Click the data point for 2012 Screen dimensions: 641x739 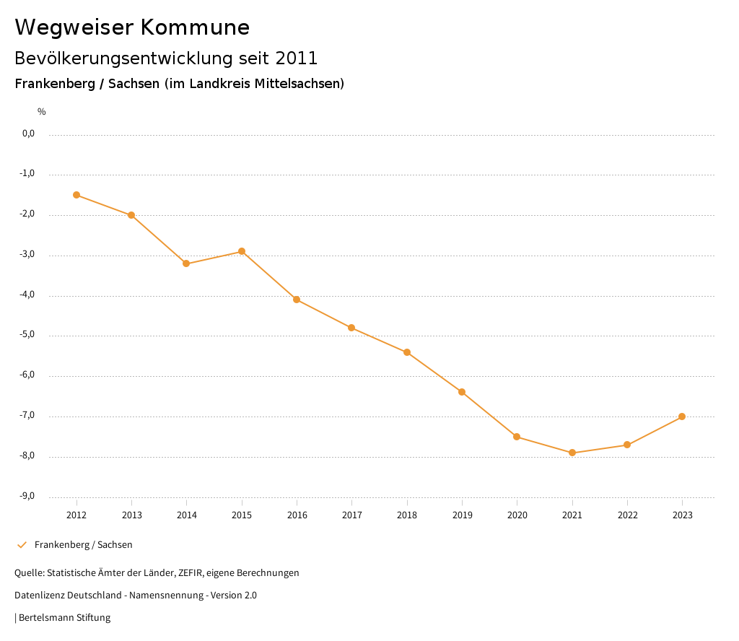point(76,195)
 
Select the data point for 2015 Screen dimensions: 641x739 point(242,251)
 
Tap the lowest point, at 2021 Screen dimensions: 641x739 point(572,453)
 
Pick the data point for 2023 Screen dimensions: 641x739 point(682,417)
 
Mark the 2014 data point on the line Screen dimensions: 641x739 point(186,263)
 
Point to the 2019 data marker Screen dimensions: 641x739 point(462,392)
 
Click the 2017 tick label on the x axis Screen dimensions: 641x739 point(352,515)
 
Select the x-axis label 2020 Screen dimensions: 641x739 point(517,515)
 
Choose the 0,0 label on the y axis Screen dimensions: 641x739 point(28,134)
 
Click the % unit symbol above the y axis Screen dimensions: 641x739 point(42,112)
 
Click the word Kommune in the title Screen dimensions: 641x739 point(195,27)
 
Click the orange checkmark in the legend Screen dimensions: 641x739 point(22,545)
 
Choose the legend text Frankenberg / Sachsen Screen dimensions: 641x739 point(84,545)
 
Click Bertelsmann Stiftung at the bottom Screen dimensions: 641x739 point(64,618)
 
